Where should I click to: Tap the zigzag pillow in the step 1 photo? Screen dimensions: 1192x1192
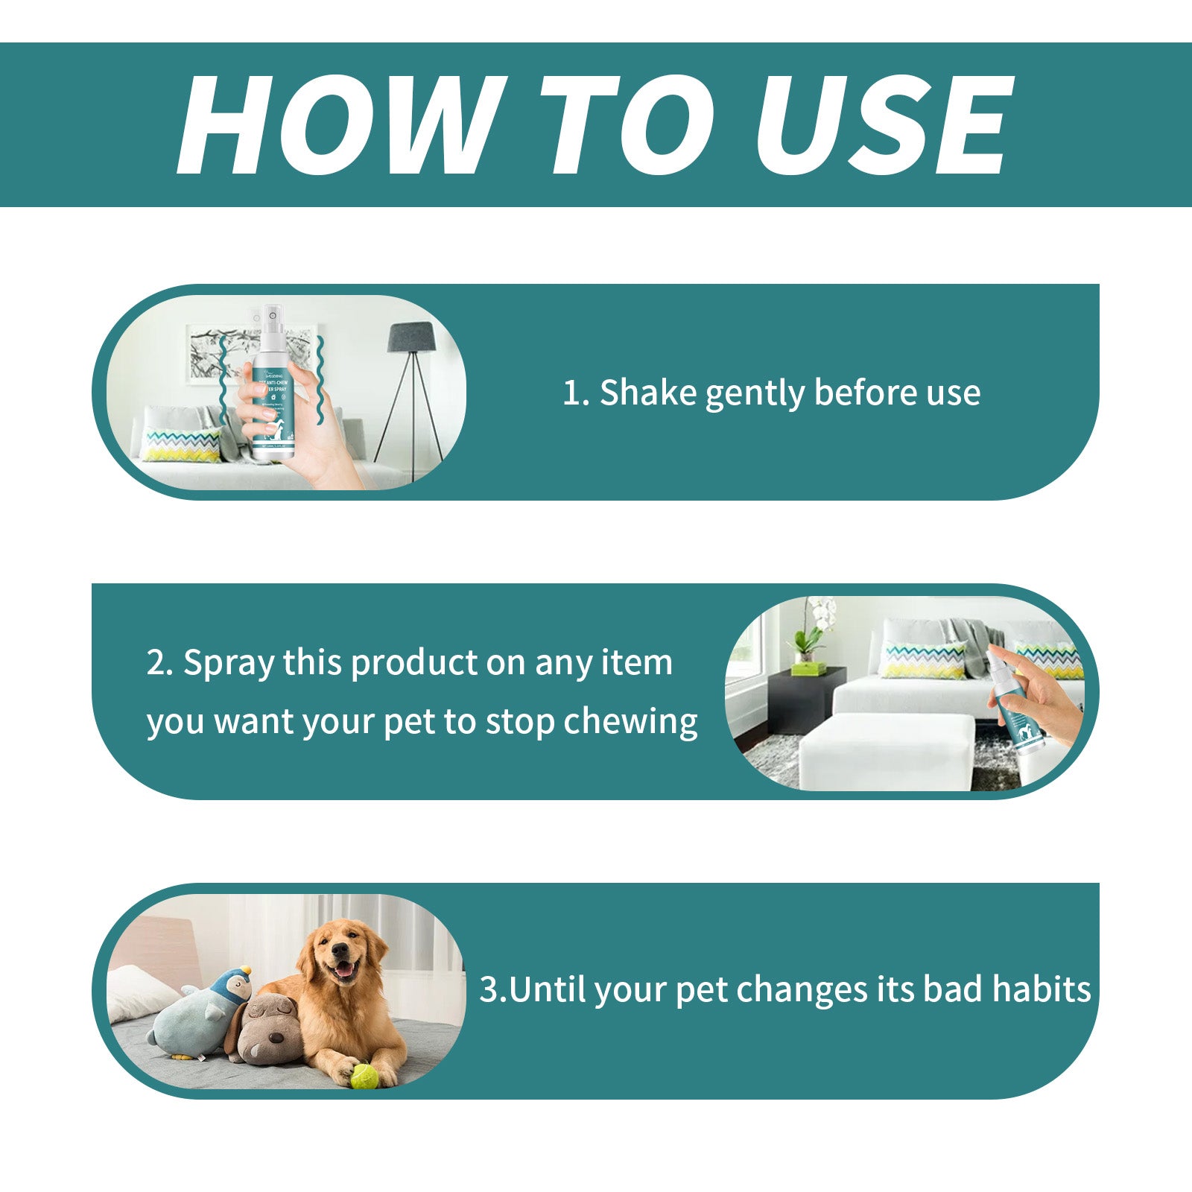click(180, 445)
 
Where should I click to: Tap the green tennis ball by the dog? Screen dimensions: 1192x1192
click(364, 1075)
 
